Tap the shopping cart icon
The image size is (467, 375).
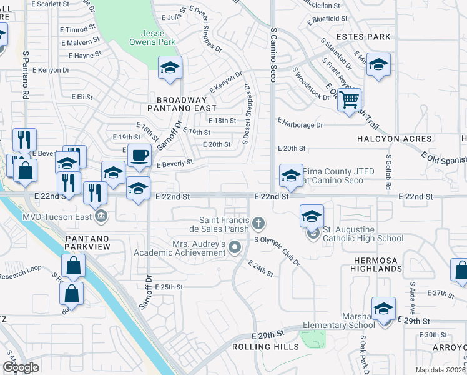[350, 99]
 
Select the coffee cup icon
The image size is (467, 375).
[139, 154]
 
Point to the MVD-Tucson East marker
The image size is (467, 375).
[101, 217]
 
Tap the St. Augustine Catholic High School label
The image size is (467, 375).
[363, 238]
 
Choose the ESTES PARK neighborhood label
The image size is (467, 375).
[364, 37]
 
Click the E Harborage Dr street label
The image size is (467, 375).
[300, 124]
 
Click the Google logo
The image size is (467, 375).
[21, 367]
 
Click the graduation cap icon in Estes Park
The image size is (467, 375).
[378, 64]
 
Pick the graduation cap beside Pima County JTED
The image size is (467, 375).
[291, 176]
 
